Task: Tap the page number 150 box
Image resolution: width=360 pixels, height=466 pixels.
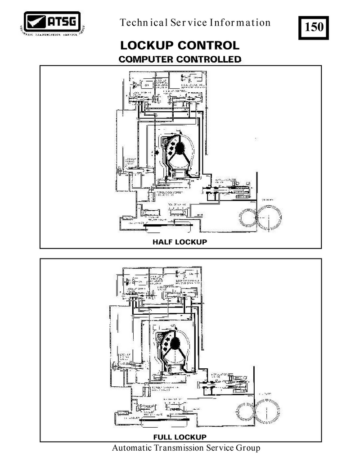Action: pos(314,27)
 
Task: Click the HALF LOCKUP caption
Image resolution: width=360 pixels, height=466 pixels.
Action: pos(180,242)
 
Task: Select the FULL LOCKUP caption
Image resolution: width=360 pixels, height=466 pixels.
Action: pos(180,437)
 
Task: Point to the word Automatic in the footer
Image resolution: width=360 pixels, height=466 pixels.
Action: pos(130,448)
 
